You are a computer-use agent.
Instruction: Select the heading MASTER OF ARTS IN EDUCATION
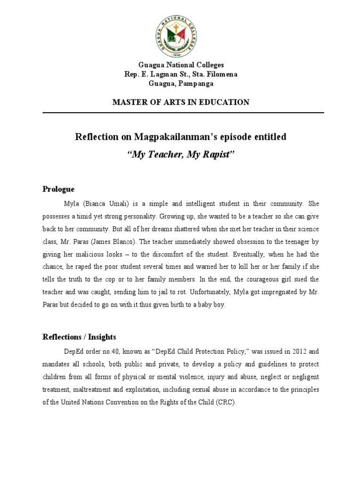pos(181,102)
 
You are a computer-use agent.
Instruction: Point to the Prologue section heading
pos(58,189)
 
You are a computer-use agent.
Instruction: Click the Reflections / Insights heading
pos(79,337)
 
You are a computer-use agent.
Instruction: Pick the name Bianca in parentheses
pos(101,204)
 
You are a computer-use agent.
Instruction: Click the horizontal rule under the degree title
pos(183,113)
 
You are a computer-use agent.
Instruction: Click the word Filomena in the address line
pos(222,74)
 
